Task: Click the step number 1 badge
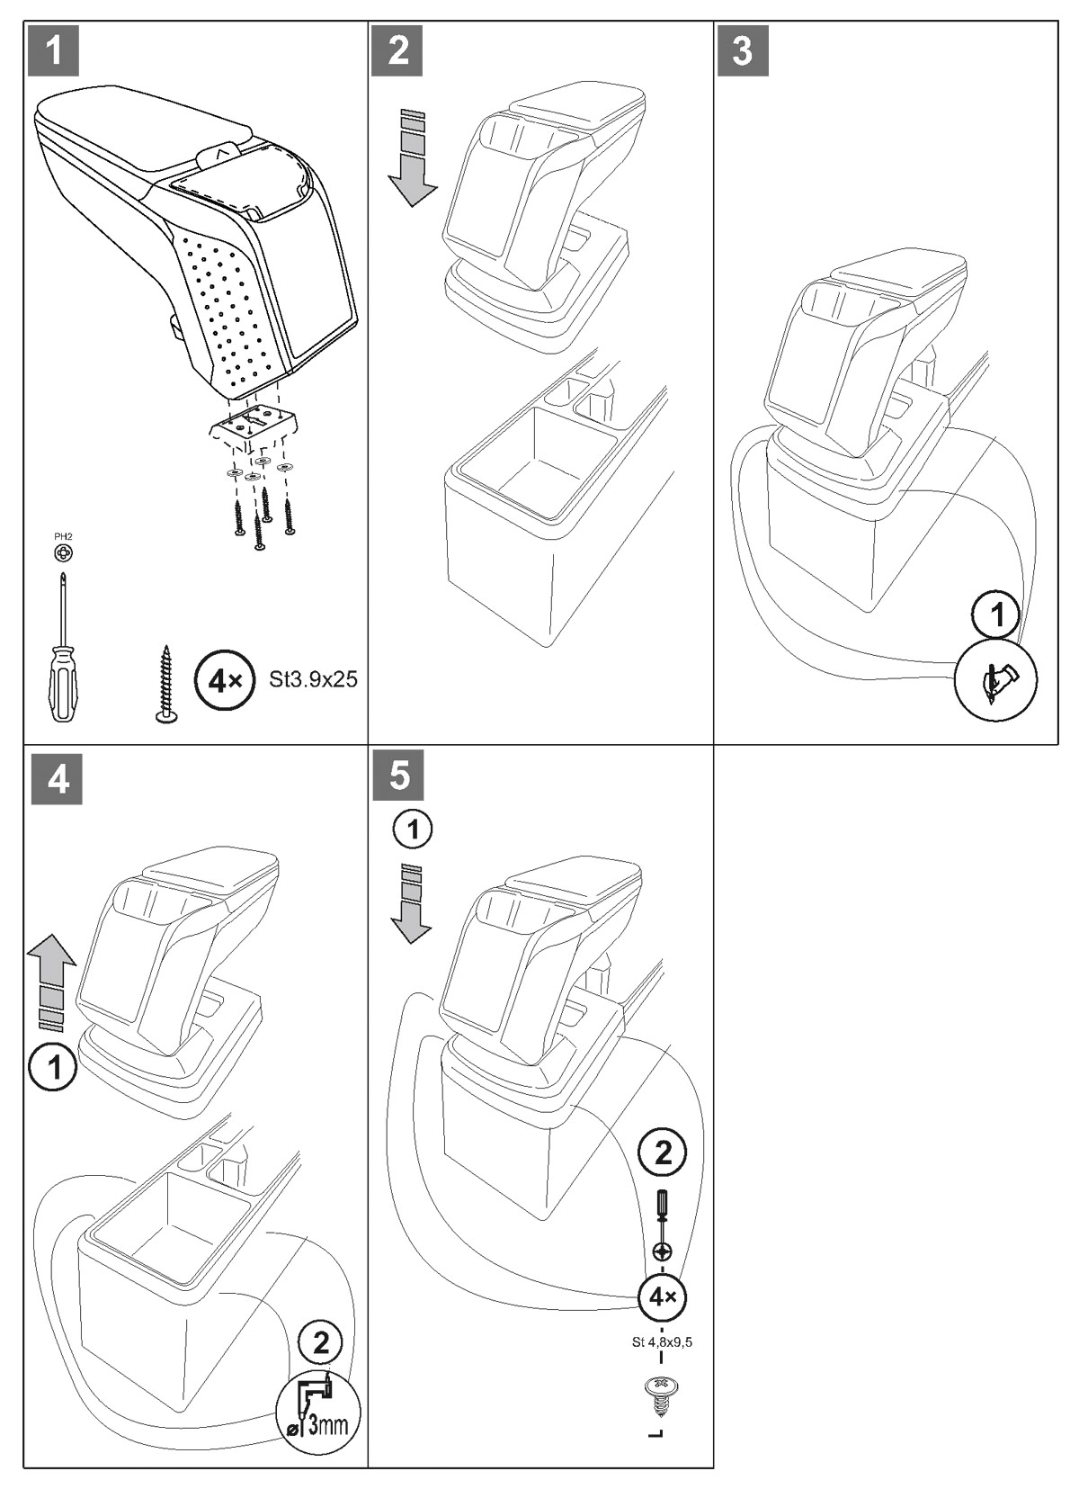(x=54, y=50)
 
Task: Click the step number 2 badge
(x=397, y=50)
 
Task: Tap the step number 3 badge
(x=743, y=50)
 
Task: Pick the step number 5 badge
(x=400, y=776)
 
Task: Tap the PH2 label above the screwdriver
(x=63, y=537)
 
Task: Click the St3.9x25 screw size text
(x=313, y=679)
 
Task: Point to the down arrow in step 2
(x=411, y=158)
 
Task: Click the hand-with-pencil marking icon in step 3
(x=995, y=681)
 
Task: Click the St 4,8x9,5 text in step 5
(x=662, y=1342)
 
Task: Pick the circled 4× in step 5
(x=662, y=1296)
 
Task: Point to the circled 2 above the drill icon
(x=320, y=1344)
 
